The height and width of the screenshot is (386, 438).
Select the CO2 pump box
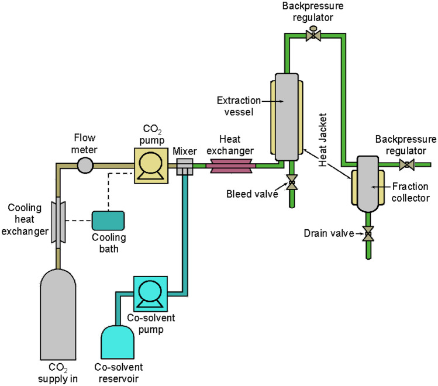point(151,166)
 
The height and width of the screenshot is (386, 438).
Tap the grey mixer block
point(184,167)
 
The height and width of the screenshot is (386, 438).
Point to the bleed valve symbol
point(291,184)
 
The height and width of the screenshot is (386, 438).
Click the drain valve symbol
point(368,234)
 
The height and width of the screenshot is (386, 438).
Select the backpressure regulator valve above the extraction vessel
point(313,36)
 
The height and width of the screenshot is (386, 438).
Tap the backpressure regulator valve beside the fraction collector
point(406,166)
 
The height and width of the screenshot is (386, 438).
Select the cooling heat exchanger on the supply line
point(58,214)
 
